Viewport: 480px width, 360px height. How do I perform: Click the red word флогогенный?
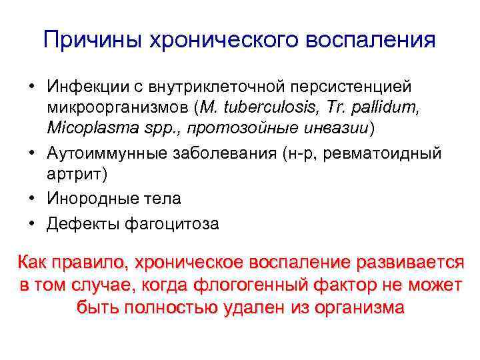[249, 285]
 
